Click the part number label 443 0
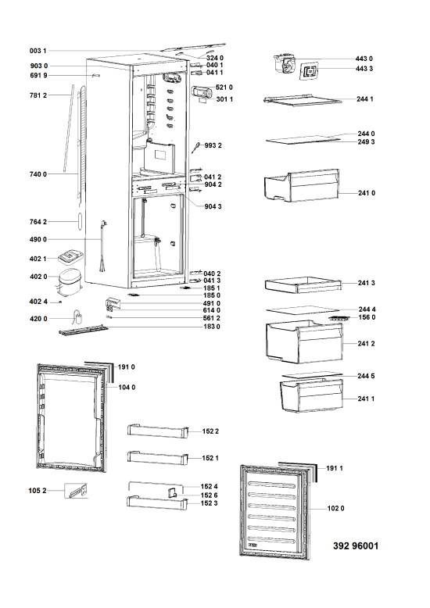(364, 59)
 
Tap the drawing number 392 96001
(356, 546)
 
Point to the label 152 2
(210, 431)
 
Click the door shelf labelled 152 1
(158, 457)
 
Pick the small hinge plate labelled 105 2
(76, 491)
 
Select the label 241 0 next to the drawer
(367, 193)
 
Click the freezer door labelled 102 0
(274, 513)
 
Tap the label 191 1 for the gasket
(334, 468)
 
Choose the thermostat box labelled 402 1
(70, 256)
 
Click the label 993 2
(213, 146)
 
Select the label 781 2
(38, 95)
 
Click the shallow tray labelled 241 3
(303, 285)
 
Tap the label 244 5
(366, 376)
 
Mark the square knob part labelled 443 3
(310, 71)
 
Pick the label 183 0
(212, 327)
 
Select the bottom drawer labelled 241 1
(311, 395)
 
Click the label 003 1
(38, 51)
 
